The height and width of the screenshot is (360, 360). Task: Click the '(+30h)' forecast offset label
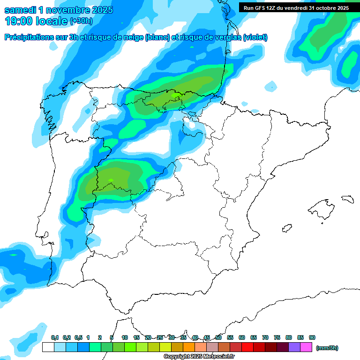[81, 21]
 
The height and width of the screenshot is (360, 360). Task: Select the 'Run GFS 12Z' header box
[296, 7]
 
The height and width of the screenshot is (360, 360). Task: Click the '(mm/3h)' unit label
[327, 348]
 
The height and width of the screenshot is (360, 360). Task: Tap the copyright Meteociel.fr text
[199, 357]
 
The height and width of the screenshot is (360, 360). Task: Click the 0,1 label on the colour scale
[54, 338]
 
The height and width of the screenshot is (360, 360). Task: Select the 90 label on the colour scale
[312, 338]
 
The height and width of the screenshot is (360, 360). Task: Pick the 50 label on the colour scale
[218, 338]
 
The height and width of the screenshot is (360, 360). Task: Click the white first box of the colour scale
[48, 347]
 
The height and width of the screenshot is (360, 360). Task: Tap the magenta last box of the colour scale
[306, 347]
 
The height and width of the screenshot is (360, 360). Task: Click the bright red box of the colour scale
[247, 347]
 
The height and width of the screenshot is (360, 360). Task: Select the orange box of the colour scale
[189, 347]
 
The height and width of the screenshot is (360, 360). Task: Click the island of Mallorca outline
[324, 207]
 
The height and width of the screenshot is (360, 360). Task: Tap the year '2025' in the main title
[100, 10]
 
